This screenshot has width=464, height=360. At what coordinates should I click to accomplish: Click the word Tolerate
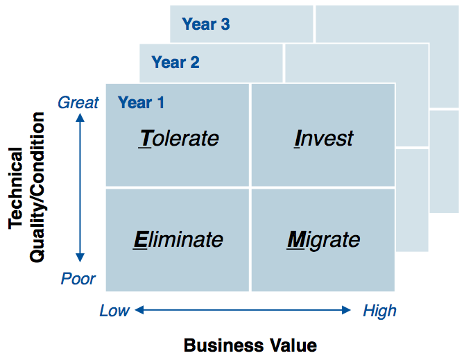click(x=179, y=138)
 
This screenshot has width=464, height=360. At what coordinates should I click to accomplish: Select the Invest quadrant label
click(x=323, y=138)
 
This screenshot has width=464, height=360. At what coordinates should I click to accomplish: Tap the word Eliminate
click(x=178, y=239)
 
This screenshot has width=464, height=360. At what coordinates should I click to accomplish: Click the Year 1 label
click(x=141, y=103)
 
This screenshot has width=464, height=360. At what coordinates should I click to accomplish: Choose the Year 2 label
click(x=175, y=62)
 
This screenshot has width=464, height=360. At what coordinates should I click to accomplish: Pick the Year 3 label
click(x=206, y=24)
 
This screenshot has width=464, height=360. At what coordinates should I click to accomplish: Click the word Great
click(x=78, y=103)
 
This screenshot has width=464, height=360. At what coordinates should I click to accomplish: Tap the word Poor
click(x=78, y=279)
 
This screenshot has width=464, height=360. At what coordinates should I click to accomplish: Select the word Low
click(x=114, y=311)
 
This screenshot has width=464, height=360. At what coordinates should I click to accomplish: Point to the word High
click(x=379, y=311)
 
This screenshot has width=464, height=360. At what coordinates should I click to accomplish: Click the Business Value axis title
click(x=250, y=345)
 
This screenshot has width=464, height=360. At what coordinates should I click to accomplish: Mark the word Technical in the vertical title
click(x=15, y=188)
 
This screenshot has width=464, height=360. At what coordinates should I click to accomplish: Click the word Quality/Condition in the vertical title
click(x=37, y=187)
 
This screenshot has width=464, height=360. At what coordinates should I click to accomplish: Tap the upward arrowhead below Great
click(x=80, y=118)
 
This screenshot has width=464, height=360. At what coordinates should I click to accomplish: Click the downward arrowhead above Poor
click(x=80, y=257)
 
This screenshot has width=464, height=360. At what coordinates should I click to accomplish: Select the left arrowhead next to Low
click(x=139, y=310)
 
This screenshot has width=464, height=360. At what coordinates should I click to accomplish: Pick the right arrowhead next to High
click(x=346, y=310)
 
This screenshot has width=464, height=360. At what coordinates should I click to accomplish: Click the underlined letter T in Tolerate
click(x=146, y=138)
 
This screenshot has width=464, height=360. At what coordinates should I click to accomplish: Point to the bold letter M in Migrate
click(x=296, y=239)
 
